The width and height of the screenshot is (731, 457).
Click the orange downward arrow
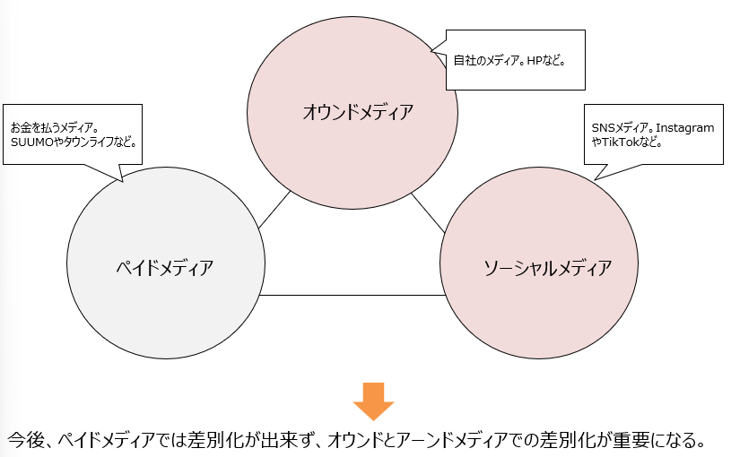click(x=373, y=401)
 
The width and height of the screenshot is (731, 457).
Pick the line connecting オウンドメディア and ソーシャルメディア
click(x=429, y=214)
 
